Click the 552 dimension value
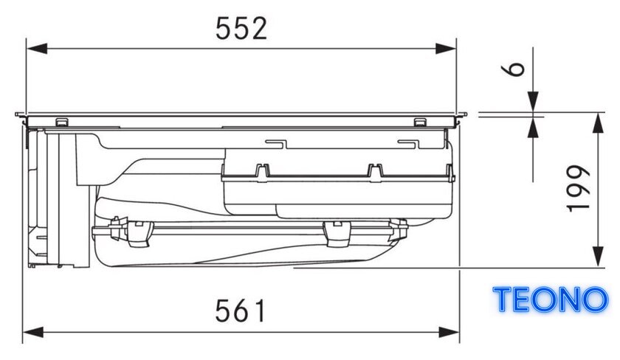click(241, 29)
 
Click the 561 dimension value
click(241, 311)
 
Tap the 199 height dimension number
click(579, 189)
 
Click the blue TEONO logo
click(550, 300)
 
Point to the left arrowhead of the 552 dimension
click(37, 49)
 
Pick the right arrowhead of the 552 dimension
click(446, 49)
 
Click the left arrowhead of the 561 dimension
click(32, 332)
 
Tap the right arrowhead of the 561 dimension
click(449, 332)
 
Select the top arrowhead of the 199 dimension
click(599, 123)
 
